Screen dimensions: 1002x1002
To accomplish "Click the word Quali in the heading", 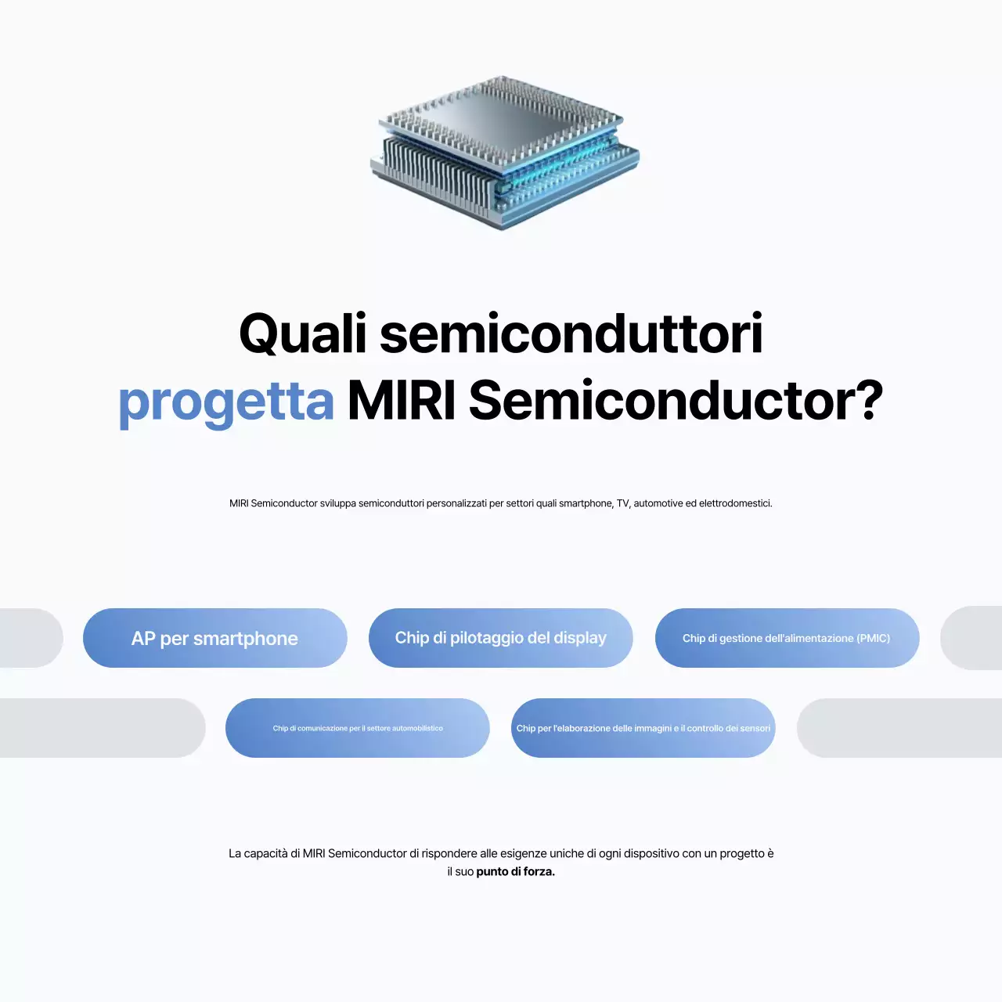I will [302, 334].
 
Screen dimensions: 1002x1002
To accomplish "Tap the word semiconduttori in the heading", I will [571, 334].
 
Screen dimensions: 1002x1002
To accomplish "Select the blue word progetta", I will [226, 402].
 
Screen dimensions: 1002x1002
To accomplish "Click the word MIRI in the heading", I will [401, 401].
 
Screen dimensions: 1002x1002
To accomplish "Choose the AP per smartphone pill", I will [214, 638].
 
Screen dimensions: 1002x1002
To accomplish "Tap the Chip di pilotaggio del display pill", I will [500, 638].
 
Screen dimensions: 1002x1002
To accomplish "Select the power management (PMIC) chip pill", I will [786, 638].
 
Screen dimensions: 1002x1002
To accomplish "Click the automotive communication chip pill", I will [357, 728].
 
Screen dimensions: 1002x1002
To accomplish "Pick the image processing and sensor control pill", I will [643, 728].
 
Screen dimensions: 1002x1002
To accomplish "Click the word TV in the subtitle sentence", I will [622, 503].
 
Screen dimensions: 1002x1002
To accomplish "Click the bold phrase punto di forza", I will [515, 872].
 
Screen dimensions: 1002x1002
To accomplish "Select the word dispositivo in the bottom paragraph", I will [651, 853].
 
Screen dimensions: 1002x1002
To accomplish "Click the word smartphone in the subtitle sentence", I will [585, 503].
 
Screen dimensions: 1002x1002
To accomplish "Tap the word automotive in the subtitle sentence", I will [658, 503].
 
